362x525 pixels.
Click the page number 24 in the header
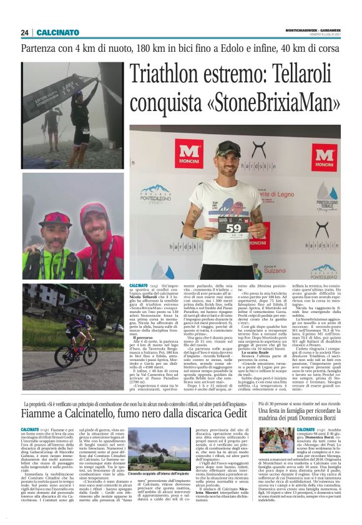click(x=24, y=32)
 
